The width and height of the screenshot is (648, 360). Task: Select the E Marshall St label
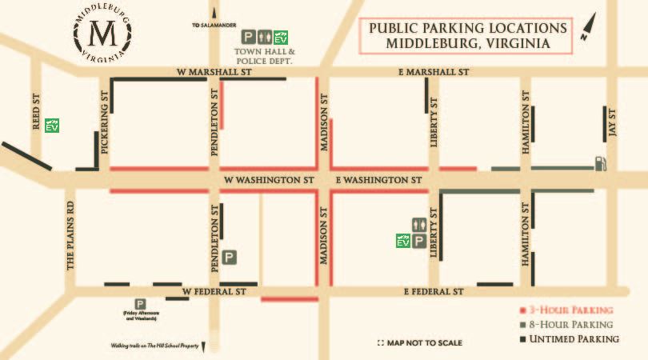point(433,72)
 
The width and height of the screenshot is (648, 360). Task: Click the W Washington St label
point(268,180)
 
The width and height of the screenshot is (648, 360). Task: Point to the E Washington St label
point(378,180)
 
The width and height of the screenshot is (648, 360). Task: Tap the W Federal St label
point(213,291)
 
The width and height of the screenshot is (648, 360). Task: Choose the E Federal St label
point(434,292)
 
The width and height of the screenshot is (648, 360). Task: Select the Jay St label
point(613,122)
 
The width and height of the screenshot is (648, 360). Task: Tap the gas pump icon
point(600,163)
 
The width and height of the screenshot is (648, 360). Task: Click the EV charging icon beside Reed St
point(52,126)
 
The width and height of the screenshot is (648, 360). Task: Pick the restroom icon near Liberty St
point(418,224)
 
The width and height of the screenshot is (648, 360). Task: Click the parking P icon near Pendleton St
point(230,258)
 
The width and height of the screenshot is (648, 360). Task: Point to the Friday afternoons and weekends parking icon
point(140,304)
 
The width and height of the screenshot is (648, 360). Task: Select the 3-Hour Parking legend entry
point(566,310)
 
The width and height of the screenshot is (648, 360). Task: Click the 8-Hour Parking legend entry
point(566,324)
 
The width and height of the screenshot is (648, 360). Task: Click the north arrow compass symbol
point(590,29)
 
